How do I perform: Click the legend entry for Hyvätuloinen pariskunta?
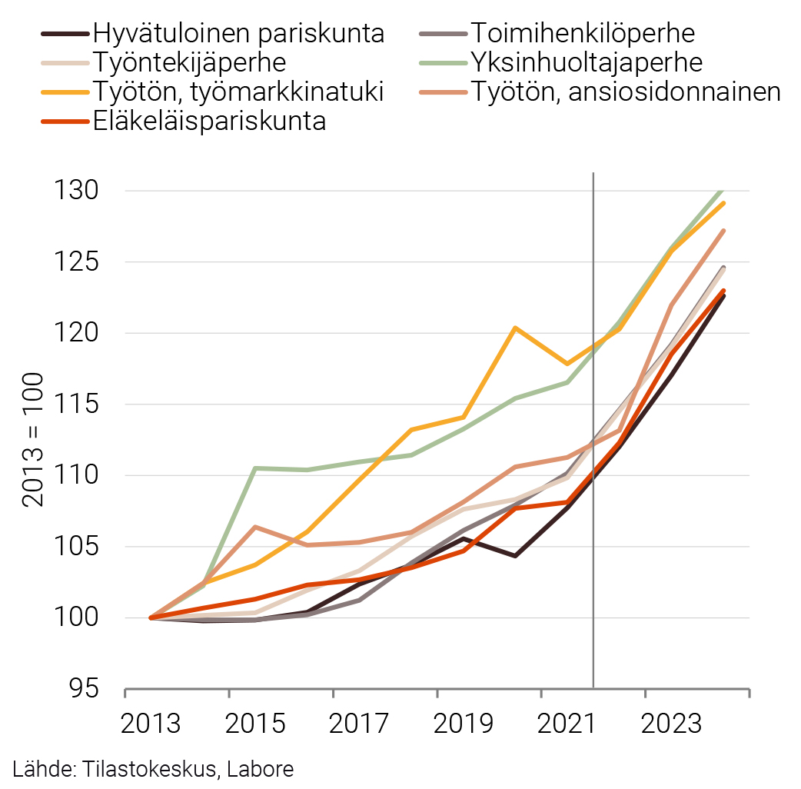coord(238,34)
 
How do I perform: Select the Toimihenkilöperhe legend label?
coord(582,34)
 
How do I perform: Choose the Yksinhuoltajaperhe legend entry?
coord(587,62)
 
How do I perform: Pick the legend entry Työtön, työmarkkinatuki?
coord(238,92)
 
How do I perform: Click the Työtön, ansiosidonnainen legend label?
coord(626,92)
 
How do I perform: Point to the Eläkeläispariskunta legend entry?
coord(209,121)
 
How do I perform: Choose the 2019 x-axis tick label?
coord(437,724)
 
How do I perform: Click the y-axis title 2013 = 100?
coord(34,440)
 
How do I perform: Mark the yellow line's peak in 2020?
coord(515,328)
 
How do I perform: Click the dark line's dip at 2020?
coord(515,555)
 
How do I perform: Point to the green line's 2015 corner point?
coord(255,468)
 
